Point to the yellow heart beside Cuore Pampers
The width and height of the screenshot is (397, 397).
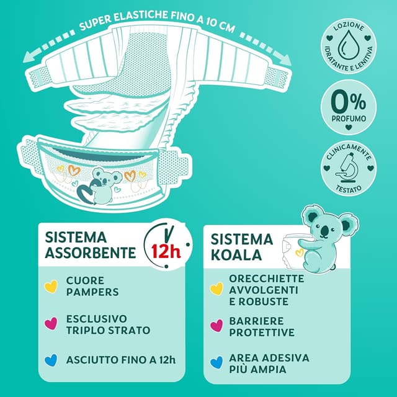point(51,286)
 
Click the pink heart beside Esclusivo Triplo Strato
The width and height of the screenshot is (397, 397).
point(51,323)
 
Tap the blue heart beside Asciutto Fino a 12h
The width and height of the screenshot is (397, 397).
point(51,359)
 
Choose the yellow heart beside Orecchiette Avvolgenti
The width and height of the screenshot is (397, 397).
point(216,288)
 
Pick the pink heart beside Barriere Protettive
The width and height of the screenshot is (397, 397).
point(216,326)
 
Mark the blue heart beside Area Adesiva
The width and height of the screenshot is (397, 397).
point(216,362)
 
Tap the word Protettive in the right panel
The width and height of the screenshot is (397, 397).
point(264,332)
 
